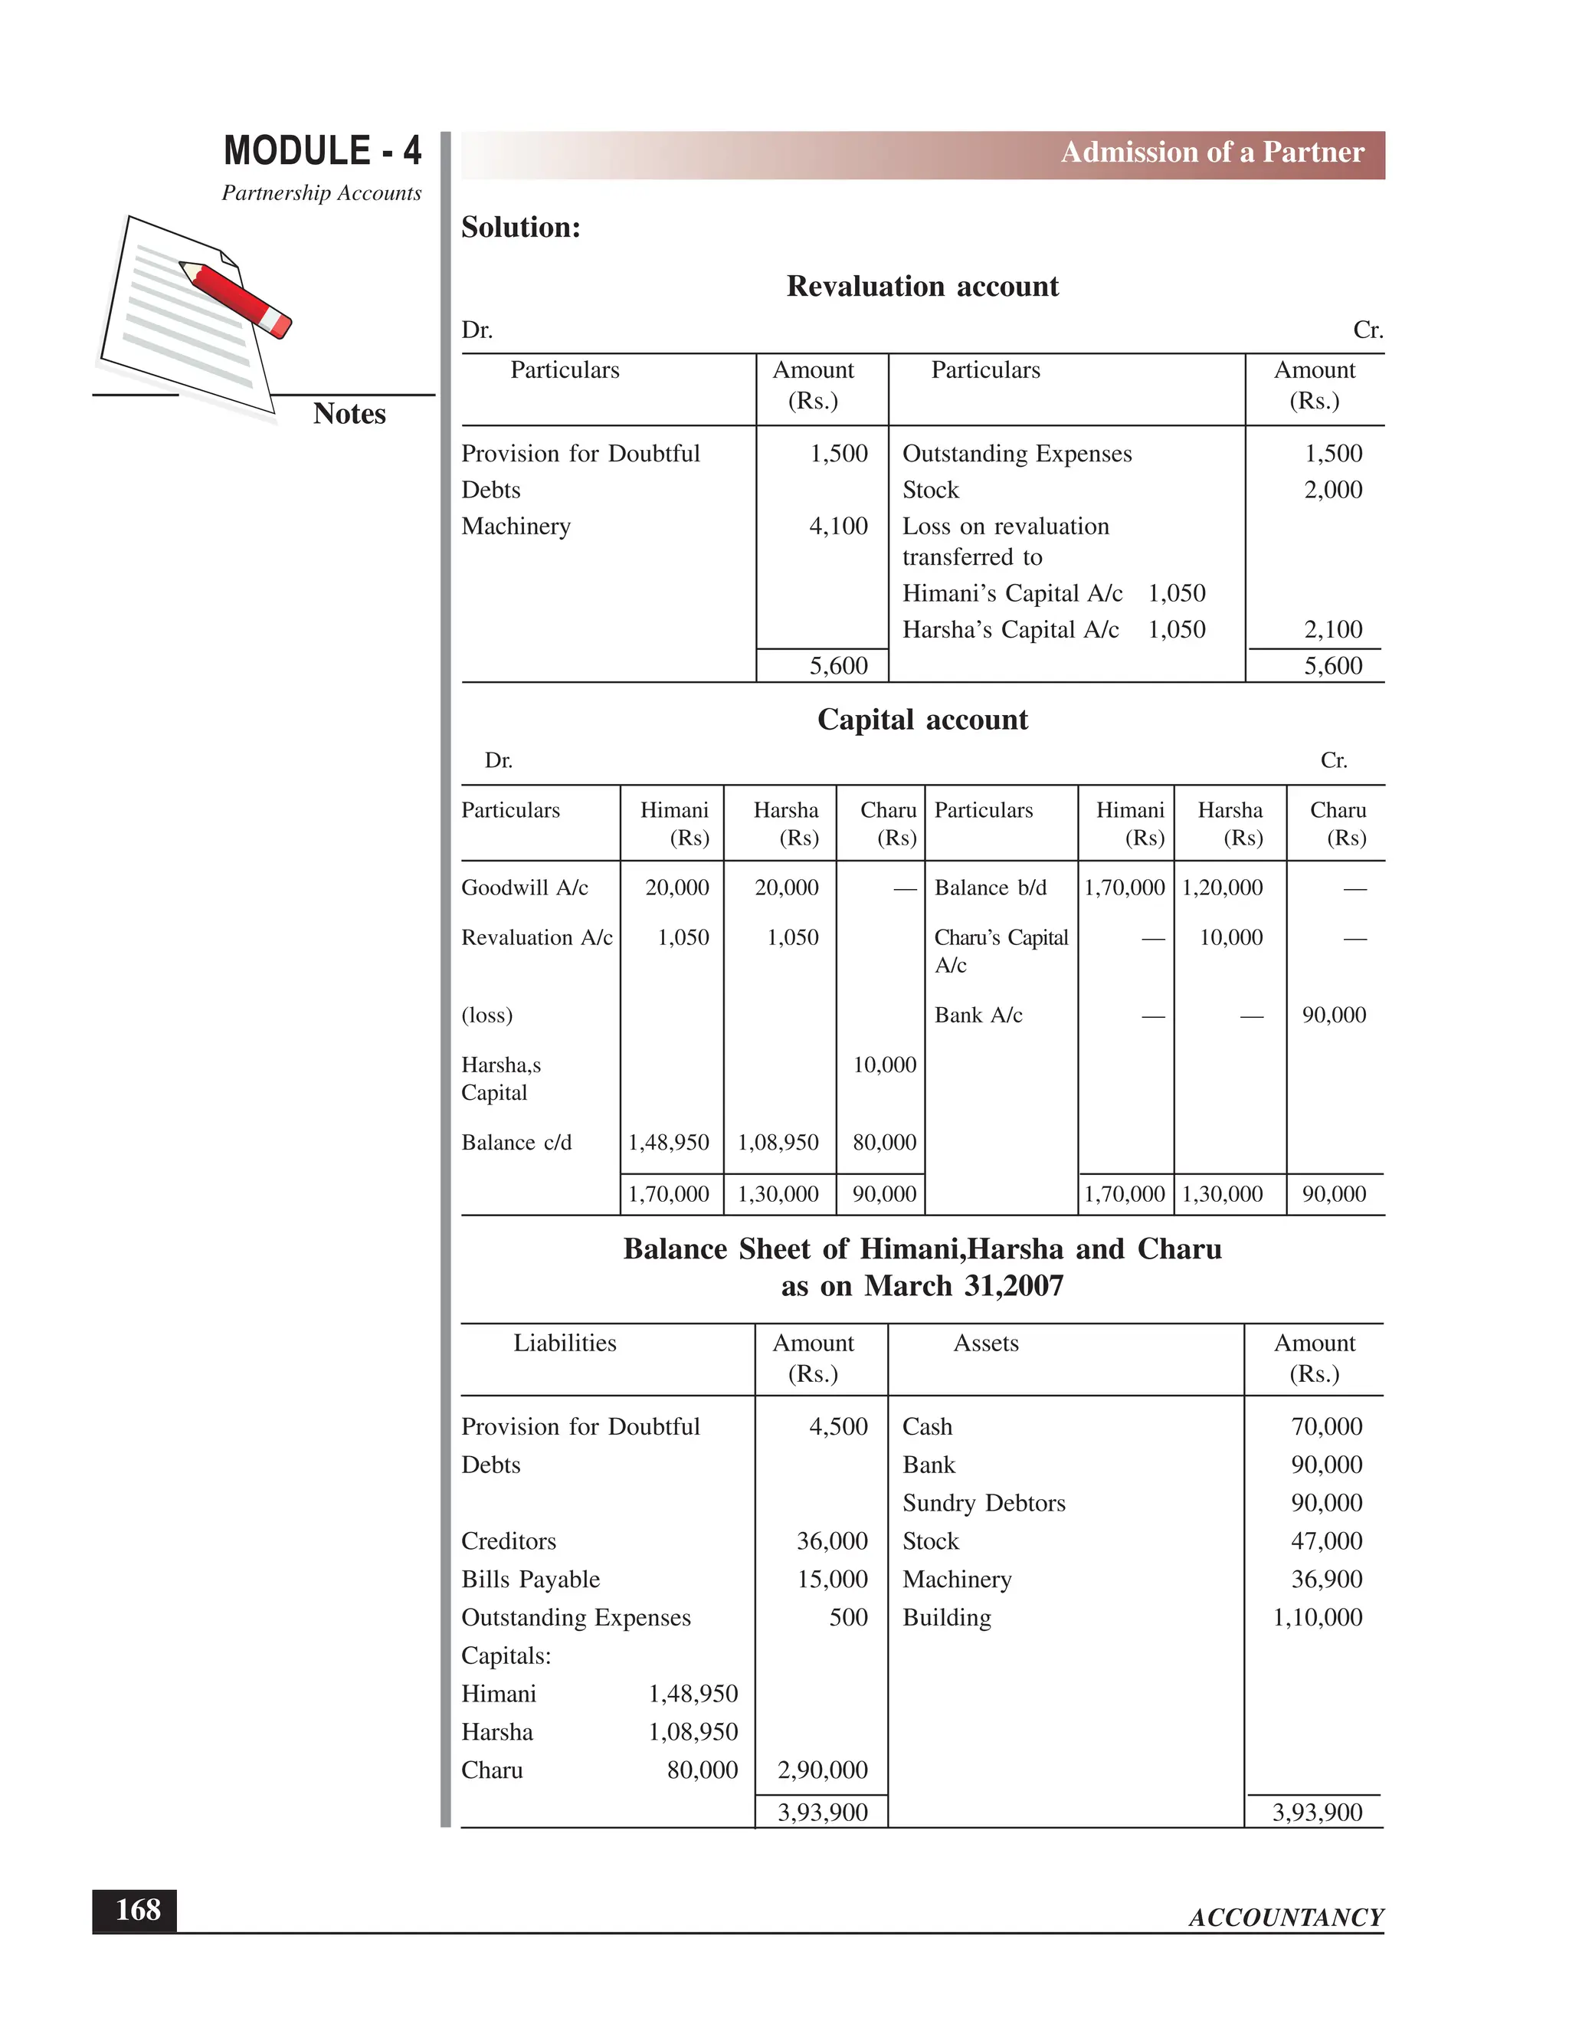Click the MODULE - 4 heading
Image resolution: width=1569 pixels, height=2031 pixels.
coord(322,151)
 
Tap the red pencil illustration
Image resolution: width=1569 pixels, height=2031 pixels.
coord(237,297)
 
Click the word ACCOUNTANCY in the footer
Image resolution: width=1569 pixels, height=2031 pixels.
coord(1286,1917)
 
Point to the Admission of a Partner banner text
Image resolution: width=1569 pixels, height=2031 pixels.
coord(1212,153)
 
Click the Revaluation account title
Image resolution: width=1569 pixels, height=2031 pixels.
coord(922,287)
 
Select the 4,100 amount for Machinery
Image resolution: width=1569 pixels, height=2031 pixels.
coord(837,527)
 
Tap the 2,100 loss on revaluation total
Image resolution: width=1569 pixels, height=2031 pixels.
coord(1332,629)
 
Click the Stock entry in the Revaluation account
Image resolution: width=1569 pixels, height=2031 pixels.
coord(930,490)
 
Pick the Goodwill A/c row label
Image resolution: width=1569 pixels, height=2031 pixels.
coord(524,888)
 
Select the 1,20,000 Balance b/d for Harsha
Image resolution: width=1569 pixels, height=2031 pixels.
coord(1221,888)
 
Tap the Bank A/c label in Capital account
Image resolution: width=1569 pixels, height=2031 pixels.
coord(978,1015)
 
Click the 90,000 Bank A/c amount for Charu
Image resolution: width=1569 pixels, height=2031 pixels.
coord(1333,1015)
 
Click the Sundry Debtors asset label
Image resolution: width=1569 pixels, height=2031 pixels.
coord(984,1504)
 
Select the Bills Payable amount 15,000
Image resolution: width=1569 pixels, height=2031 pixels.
coord(832,1580)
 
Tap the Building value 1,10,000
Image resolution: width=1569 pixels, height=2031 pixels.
coord(1317,1618)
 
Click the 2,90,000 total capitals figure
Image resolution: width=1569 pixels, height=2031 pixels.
coord(822,1770)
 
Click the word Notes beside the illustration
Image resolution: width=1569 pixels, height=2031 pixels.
coord(349,414)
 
